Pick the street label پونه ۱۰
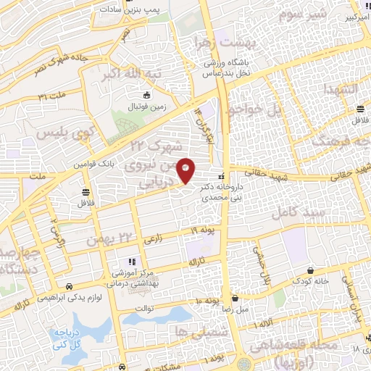click(207, 300)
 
